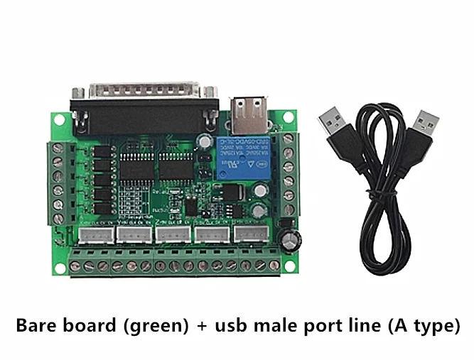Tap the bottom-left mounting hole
(x=60, y=268)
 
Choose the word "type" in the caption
(x=433, y=328)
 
